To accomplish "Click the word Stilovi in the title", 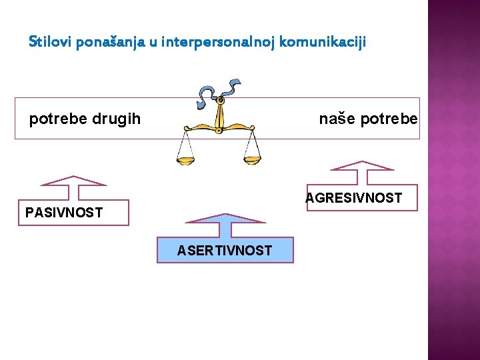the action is (51, 42).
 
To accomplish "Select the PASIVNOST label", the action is (64, 213).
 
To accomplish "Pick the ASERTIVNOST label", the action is (225, 251).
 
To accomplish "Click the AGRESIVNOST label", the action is (354, 198).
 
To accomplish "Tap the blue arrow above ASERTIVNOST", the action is (225, 224).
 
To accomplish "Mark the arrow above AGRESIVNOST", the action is (363, 171).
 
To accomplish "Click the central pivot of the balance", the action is (219, 101).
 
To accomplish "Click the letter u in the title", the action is (153, 43).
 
